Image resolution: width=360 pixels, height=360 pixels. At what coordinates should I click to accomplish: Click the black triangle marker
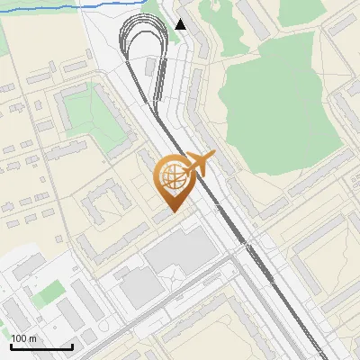[181, 24]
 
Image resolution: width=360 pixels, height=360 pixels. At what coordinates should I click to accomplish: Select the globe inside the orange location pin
[173, 178]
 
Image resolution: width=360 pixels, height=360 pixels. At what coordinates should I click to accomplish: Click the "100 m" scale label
[23, 338]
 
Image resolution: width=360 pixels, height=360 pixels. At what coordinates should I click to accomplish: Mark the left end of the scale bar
[11, 346]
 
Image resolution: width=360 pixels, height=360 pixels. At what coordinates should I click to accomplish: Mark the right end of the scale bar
[72, 346]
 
